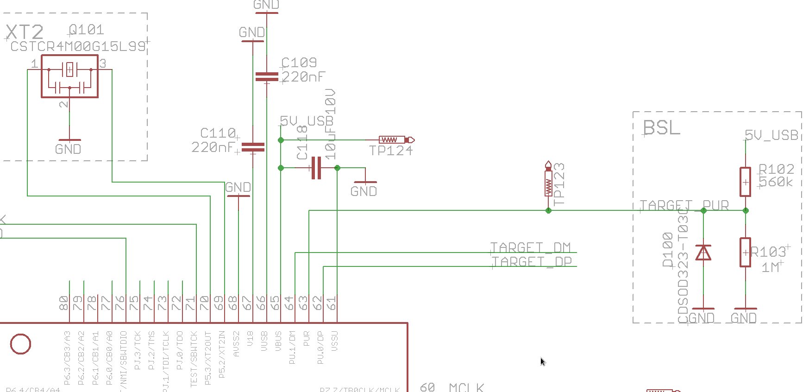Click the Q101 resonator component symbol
[69, 76]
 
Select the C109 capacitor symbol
[267, 76]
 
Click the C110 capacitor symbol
[253, 147]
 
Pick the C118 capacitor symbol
[316, 168]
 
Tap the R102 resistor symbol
[745, 182]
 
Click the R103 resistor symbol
[745, 253]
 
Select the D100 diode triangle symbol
[703, 253]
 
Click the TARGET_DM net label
[530, 247]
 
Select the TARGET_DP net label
[531, 262]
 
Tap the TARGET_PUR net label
[684, 205]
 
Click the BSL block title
[661, 127]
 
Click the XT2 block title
[25, 32]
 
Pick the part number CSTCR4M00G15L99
[77, 46]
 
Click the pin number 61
[332, 303]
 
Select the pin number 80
[64, 303]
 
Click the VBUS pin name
[278, 340]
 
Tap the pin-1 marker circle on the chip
[20, 344]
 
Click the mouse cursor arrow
[542, 361]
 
